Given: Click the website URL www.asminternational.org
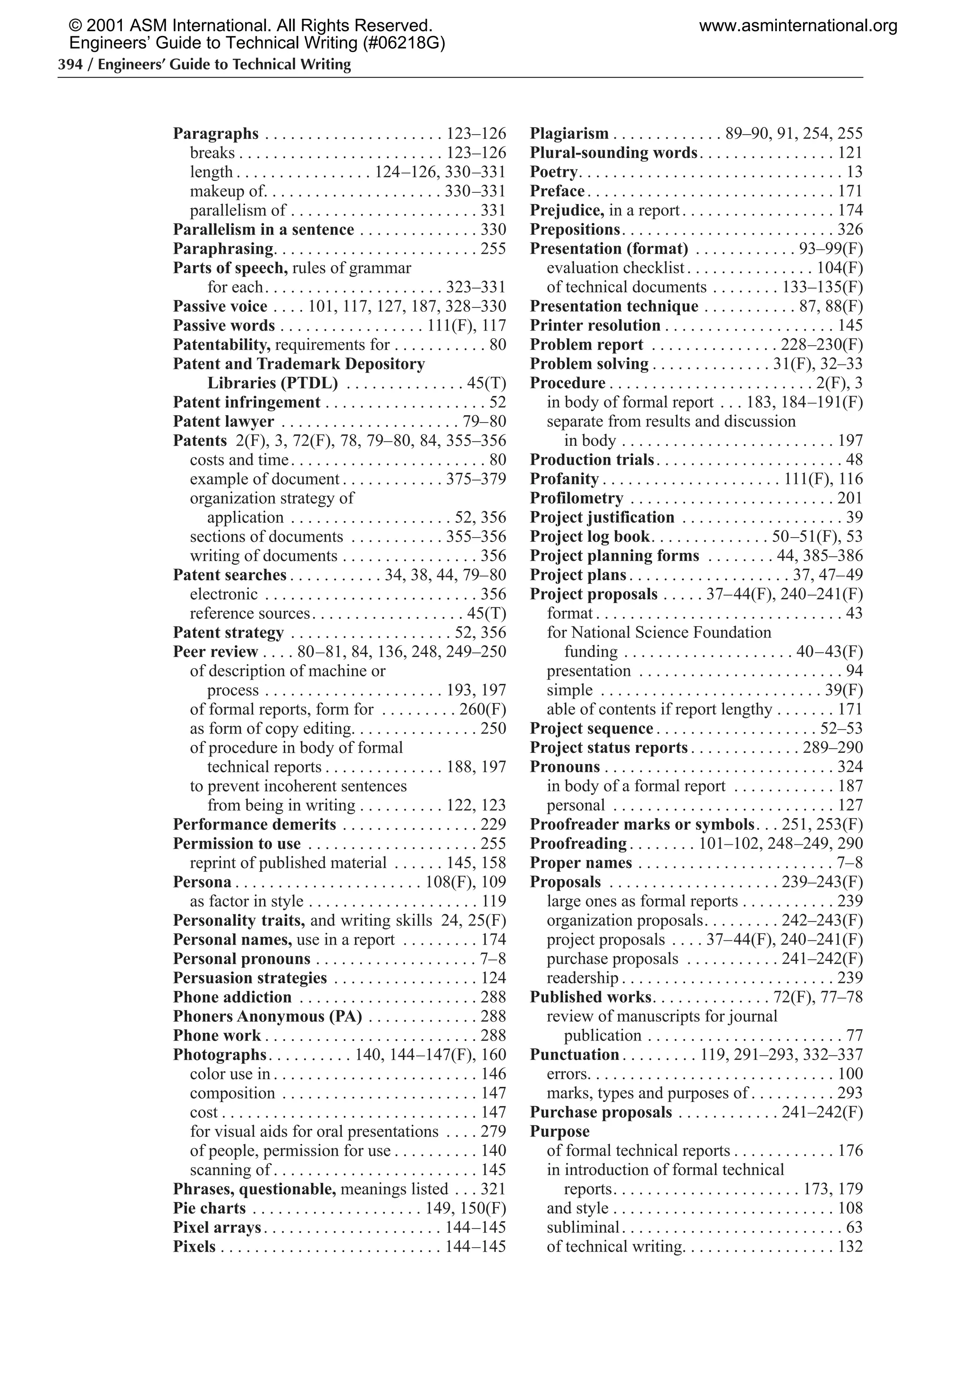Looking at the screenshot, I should (x=798, y=26).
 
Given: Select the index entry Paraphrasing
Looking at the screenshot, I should (x=223, y=248).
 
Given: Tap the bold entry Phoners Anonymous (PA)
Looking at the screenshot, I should (x=267, y=1016).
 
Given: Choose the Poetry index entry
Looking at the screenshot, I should (x=553, y=172).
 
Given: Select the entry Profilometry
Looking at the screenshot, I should (x=577, y=498).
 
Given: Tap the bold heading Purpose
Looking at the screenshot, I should (x=559, y=1131).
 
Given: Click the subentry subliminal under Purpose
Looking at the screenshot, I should (x=583, y=1227).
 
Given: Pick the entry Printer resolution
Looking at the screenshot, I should (x=594, y=325).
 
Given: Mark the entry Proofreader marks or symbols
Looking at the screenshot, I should (x=642, y=824).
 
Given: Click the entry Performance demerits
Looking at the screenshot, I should (x=254, y=824).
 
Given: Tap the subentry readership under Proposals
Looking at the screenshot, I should (x=582, y=978).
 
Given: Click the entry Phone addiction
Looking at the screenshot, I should (x=232, y=997).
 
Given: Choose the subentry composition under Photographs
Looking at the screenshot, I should (x=232, y=1092).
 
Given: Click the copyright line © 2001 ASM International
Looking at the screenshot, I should (x=250, y=26).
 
